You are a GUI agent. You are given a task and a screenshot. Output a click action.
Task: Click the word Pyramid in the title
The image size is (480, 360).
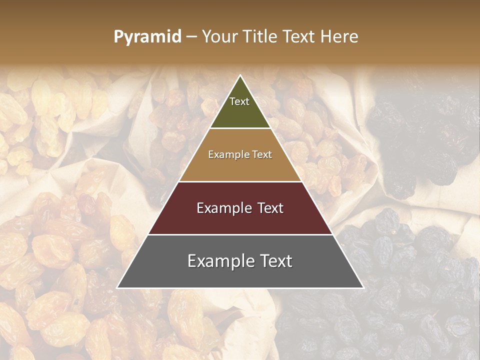click(x=147, y=37)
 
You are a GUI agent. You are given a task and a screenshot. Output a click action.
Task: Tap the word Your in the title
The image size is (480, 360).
click(x=220, y=37)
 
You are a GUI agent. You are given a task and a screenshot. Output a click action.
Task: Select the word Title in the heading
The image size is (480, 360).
click(x=261, y=37)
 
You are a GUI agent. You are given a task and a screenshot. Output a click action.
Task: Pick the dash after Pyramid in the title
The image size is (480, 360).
click(x=191, y=37)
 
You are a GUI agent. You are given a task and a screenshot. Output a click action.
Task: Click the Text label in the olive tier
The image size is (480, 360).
click(x=239, y=101)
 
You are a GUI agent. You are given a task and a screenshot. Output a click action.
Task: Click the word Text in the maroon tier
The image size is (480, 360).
click(x=271, y=208)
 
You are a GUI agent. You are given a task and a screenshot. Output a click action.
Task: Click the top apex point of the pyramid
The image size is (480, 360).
click(x=240, y=75)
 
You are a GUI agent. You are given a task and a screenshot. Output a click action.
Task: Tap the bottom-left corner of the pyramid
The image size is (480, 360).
click(x=117, y=288)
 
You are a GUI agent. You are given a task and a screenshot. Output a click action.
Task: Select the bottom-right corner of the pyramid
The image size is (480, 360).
click(x=363, y=288)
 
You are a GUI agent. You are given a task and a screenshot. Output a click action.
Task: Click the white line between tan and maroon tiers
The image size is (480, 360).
click(x=240, y=181)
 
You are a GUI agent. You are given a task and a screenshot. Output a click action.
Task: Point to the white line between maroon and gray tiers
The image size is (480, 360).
click(x=240, y=234)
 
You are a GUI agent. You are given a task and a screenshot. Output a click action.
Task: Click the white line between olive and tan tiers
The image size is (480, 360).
click(x=240, y=128)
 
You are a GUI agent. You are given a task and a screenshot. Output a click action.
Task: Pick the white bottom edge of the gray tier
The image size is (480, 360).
click(x=240, y=288)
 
